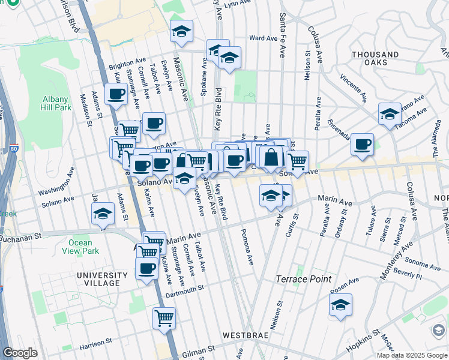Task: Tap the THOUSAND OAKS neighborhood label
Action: (375, 60)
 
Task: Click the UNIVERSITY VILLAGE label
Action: (102, 280)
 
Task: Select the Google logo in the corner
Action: (20, 353)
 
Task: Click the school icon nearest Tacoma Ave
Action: (390, 114)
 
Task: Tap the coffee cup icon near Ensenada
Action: (362, 145)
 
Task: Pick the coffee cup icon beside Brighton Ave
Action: (116, 94)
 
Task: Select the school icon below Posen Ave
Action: (340, 305)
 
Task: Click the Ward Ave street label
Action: (262, 38)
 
